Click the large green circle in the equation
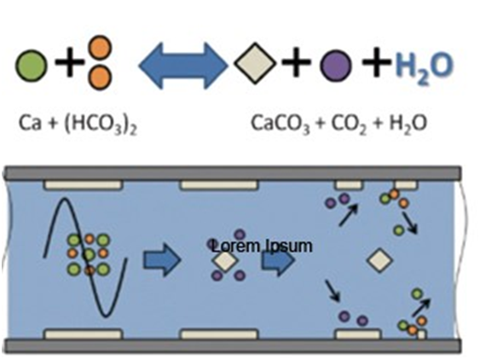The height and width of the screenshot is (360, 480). [32, 66]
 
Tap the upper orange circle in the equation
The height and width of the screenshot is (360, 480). [100, 48]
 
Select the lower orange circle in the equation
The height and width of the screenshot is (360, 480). [100, 78]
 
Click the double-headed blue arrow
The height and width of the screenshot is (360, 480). [183, 66]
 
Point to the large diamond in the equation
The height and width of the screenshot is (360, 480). [255, 64]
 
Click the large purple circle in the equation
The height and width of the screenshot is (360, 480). [336, 66]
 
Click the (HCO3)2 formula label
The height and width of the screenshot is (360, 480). [101, 125]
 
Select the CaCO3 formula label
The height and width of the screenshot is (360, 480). [280, 124]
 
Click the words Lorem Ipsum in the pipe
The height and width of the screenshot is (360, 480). [262, 247]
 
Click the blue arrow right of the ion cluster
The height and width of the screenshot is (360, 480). [162, 260]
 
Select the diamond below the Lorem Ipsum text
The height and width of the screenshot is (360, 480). [225, 261]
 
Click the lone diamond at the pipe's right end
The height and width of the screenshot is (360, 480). [380, 260]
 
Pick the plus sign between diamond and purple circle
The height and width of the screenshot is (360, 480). [296, 62]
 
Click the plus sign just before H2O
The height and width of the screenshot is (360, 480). [377, 62]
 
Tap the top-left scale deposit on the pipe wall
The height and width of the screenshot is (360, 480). [84, 185]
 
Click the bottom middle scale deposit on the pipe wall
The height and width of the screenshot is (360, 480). [219, 334]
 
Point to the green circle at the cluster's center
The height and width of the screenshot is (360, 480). [89, 254]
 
